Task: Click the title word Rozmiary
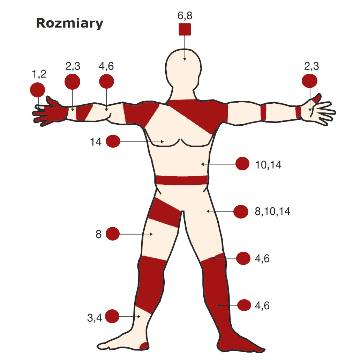69,23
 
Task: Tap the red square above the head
185,30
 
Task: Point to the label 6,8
185,16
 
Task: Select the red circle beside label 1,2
37,90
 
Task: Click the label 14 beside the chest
96,142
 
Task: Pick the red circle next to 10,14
242,164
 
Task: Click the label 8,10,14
272,212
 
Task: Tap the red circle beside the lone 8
113,234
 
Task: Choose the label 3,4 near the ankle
95,318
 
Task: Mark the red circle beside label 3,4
112,316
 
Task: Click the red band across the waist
181,180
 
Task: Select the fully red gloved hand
52,112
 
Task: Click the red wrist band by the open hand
298,112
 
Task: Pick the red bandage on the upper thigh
165,212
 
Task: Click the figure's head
184,70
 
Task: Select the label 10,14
268,165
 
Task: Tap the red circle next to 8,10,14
241,212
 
